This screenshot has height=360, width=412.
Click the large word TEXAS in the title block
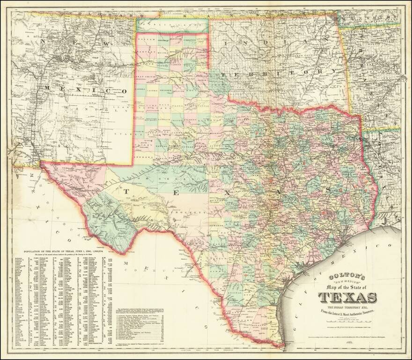tap(348, 297)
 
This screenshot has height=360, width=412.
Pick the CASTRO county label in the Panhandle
tap(155, 88)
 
